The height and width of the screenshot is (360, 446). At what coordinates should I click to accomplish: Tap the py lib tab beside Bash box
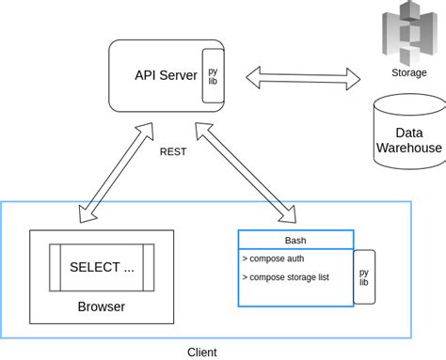[364, 277]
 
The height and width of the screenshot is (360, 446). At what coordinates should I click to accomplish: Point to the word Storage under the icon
[407, 72]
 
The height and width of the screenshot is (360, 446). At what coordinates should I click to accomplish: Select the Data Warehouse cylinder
[408, 131]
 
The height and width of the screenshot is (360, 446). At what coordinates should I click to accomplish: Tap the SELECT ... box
[103, 267]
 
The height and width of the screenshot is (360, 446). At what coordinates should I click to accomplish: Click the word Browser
[101, 306]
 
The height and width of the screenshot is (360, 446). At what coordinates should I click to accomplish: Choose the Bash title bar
[295, 240]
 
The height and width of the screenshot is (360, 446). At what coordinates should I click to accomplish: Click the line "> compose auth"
[274, 258]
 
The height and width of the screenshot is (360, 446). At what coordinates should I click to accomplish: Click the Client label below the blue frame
[201, 352]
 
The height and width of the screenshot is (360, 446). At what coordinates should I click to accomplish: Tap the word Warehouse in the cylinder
[408, 148]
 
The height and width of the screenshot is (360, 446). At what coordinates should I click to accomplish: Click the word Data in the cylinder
[408, 133]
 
